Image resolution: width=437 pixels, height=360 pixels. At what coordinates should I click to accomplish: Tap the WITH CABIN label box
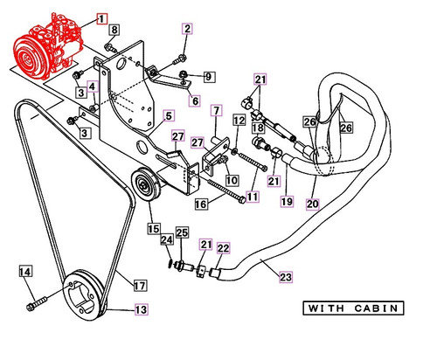[x=352, y=308]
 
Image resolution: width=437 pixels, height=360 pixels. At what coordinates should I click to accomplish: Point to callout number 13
[x=141, y=308]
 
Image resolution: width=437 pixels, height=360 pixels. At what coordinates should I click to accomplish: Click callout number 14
[x=25, y=273]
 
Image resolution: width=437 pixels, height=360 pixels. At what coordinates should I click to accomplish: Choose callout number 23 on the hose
[x=285, y=278]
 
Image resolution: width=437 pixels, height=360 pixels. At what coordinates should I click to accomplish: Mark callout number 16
[x=200, y=204]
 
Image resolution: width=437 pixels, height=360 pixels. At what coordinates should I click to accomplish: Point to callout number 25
[x=182, y=232]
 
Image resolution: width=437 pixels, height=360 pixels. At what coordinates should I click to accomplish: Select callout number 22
[x=223, y=249]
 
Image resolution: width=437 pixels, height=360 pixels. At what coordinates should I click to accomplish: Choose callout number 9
[x=208, y=77]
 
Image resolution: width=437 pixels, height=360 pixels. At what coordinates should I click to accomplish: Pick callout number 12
[x=239, y=120]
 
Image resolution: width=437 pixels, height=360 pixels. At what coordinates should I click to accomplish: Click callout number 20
[x=313, y=204]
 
